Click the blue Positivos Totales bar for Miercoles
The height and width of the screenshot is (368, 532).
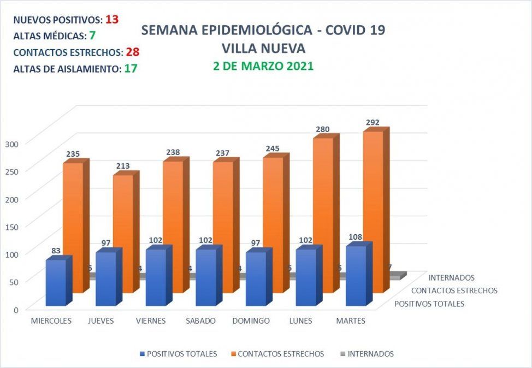point(56,282)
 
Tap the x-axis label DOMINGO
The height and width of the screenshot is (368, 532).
point(251,321)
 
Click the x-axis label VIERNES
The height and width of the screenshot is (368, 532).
point(151,321)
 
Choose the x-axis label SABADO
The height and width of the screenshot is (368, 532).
point(200,321)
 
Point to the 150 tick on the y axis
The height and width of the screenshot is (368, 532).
point(12,226)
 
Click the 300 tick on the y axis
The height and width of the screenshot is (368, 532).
point(12,143)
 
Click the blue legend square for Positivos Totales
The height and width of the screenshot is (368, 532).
point(143,354)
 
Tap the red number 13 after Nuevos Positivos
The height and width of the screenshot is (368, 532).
point(112,19)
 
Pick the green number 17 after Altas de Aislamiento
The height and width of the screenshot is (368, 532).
point(130,69)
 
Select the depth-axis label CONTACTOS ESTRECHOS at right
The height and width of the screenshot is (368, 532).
point(454,290)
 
